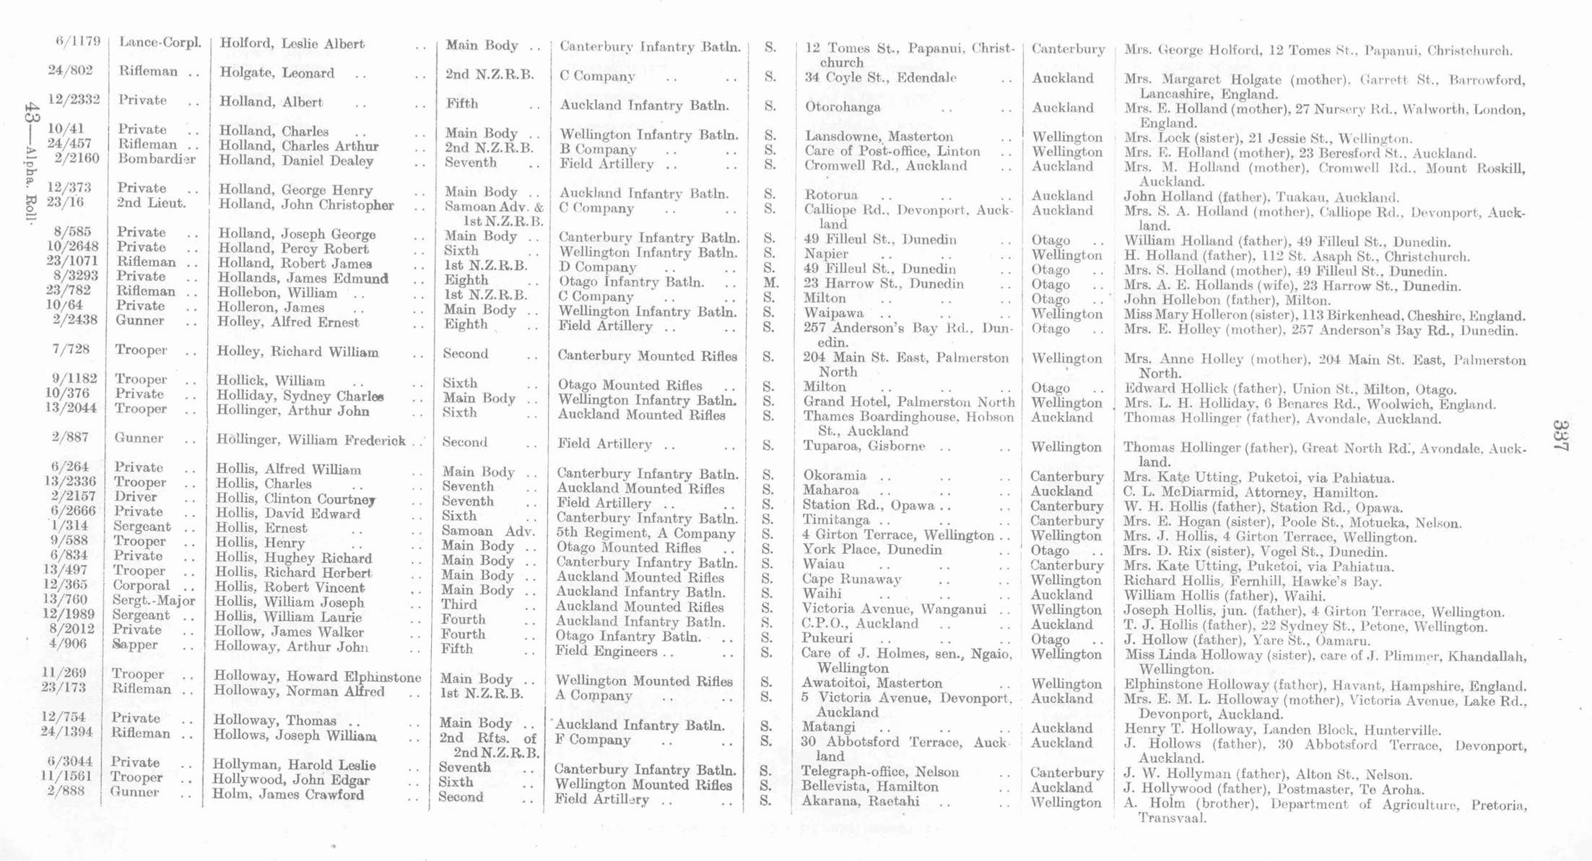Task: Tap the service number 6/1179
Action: [x=78, y=41]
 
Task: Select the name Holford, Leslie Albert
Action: [x=292, y=43]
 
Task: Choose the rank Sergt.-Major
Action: [x=154, y=600]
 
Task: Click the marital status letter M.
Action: [x=770, y=282]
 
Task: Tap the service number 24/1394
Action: [x=69, y=733]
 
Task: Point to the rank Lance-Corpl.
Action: [x=160, y=43]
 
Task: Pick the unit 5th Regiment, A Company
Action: [x=645, y=534]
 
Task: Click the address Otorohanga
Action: [x=843, y=107]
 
